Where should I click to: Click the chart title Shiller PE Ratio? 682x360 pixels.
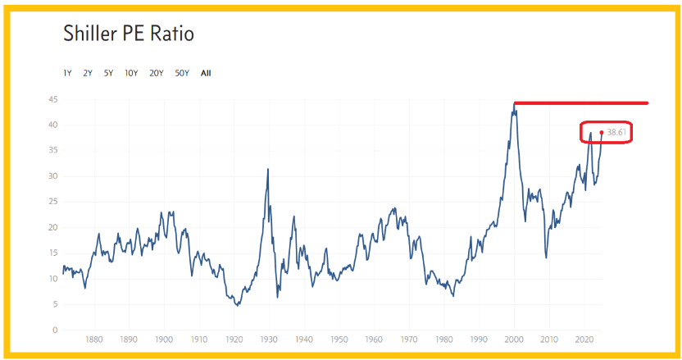129,34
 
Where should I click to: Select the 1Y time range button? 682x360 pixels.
67,73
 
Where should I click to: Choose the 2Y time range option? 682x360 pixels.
88,73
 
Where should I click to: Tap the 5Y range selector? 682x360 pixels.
108,73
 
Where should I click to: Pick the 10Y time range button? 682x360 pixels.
131,73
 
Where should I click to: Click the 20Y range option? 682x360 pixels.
157,73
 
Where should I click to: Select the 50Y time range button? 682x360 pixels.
182,73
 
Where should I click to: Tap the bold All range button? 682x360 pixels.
206,73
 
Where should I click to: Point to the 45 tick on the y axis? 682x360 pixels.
53,100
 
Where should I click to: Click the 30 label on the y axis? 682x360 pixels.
53,176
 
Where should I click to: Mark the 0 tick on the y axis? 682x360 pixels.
55,330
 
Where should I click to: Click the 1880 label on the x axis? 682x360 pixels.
94,339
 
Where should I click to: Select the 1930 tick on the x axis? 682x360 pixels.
269,339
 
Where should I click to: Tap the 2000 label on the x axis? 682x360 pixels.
514,339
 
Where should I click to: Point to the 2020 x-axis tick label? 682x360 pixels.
584,339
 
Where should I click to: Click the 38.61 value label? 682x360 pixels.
616,132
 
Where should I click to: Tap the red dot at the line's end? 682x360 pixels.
602,132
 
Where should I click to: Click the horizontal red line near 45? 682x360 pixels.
581,103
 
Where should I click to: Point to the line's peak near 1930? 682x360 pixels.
268,169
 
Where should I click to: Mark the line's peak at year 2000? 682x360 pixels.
515,104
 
